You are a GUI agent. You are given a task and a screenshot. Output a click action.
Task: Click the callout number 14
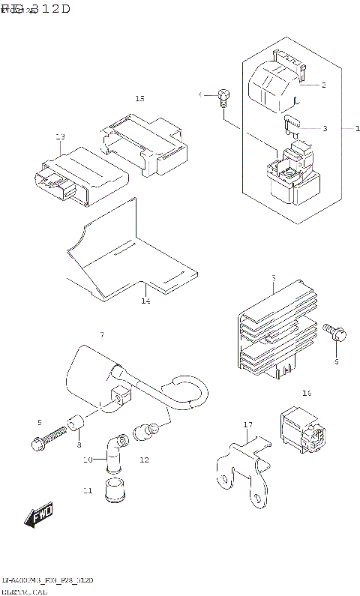(145, 301)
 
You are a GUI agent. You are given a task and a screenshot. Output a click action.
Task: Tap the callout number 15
(139, 99)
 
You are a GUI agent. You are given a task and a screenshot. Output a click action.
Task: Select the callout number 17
(248, 425)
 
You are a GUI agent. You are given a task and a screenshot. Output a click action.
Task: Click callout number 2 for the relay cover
(323, 85)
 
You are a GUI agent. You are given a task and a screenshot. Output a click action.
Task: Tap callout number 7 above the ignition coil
(101, 333)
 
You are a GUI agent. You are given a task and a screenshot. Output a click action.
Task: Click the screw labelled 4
(223, 95)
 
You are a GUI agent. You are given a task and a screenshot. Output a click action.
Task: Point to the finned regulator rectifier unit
(271, 328)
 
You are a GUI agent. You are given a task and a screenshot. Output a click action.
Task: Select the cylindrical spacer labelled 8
(75, 426)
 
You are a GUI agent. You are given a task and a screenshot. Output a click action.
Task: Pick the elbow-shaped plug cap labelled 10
(113, 451)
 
